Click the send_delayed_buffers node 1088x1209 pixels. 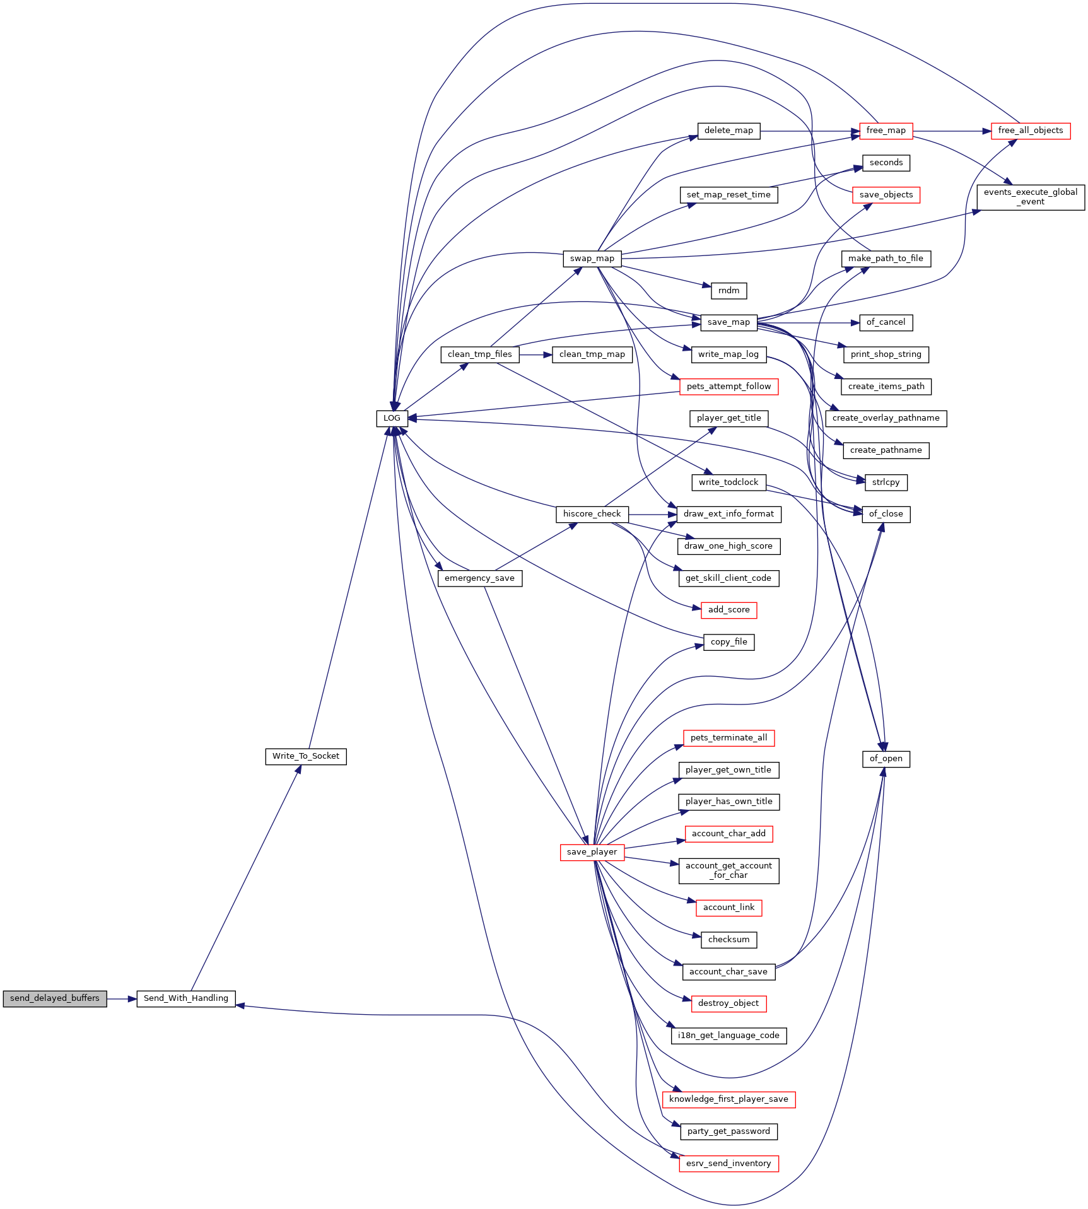tap(55, 998)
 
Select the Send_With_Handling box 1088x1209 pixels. tap(186, 998)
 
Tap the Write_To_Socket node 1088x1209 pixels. tap(306, 756)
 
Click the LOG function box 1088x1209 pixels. tap(392, 418)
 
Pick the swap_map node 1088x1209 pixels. tap(592, 259)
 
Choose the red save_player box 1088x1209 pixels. tap(592, 852)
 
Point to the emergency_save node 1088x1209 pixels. tap(480, 578)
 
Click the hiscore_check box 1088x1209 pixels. tap(592, 514)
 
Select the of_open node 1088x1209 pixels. tap(886, 759)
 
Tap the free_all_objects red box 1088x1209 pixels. tap(1031, 131)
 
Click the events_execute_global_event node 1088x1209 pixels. tap(1031, 197)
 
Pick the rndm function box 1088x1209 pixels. tap(729, 291)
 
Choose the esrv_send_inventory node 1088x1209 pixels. tap(729, 1164)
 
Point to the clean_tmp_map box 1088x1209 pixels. tap(592, 354)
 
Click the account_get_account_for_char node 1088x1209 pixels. tap(729, 870)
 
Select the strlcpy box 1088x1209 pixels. tap(886, 482)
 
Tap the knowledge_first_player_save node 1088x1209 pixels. tap(729, 1099)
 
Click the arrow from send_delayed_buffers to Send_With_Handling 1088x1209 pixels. tap(122, 999)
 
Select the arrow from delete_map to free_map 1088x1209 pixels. tap(810, 131)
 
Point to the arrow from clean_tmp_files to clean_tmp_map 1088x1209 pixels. tap(536, 355)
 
